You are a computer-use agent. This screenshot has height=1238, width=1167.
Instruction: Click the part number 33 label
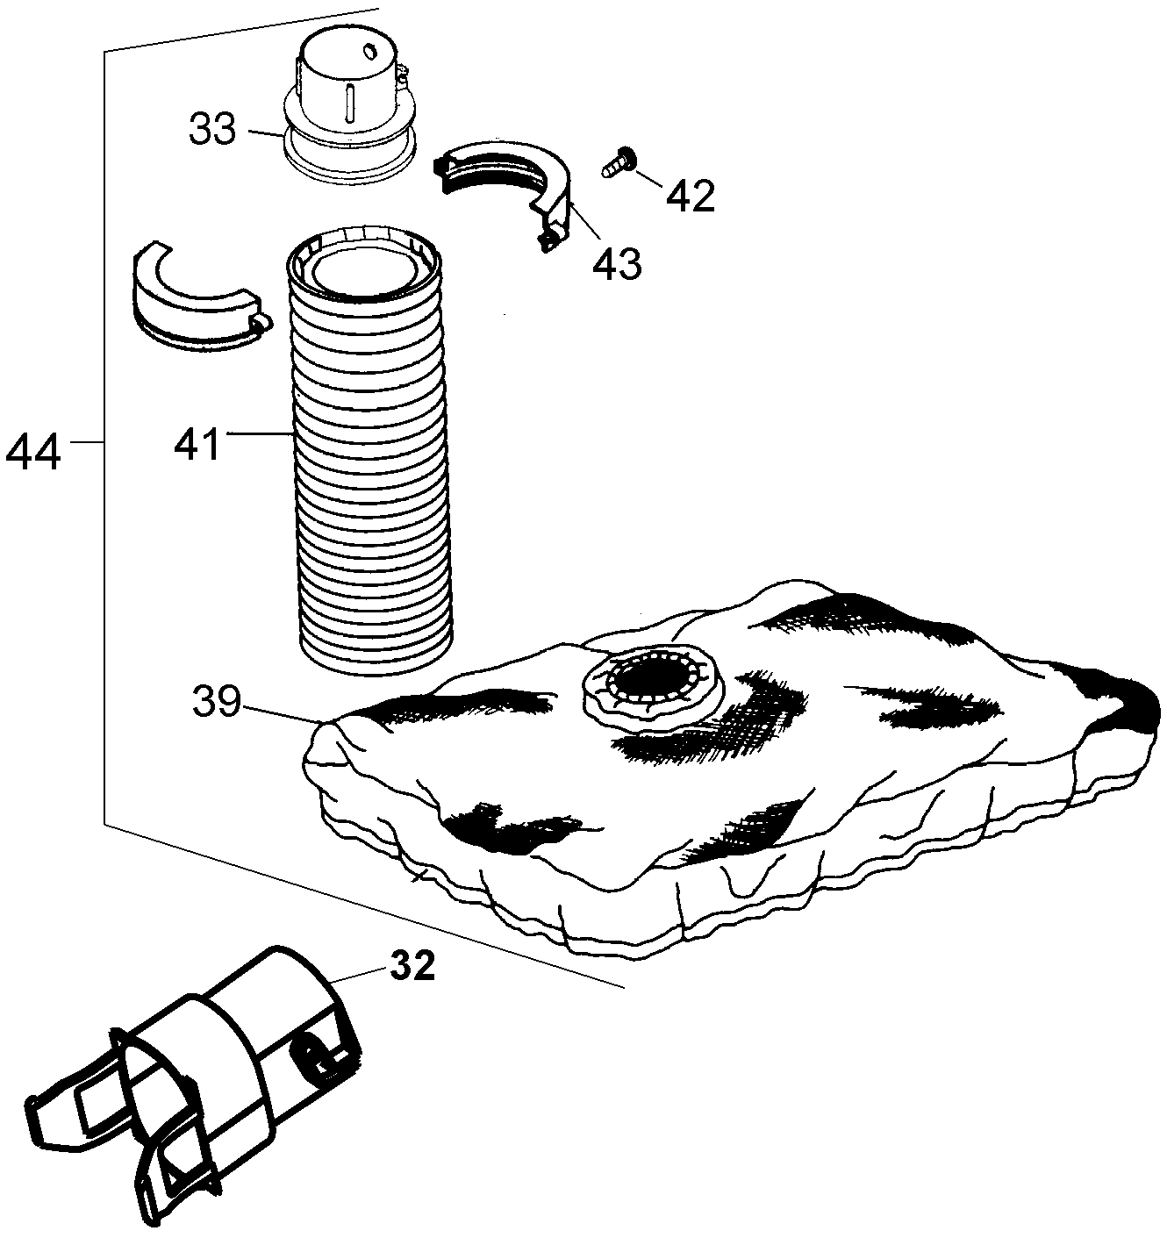[212, 130]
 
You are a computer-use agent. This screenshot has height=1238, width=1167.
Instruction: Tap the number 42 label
[691, 197]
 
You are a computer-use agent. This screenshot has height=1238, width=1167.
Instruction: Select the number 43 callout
[617, 264]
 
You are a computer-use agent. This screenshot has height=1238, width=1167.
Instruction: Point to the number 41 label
[197, 445]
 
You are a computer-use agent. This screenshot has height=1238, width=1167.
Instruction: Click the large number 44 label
[33, 452]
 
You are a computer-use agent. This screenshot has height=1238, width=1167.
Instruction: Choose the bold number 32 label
[412, 966]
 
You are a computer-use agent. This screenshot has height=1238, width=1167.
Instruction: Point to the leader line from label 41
[260, 433]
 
